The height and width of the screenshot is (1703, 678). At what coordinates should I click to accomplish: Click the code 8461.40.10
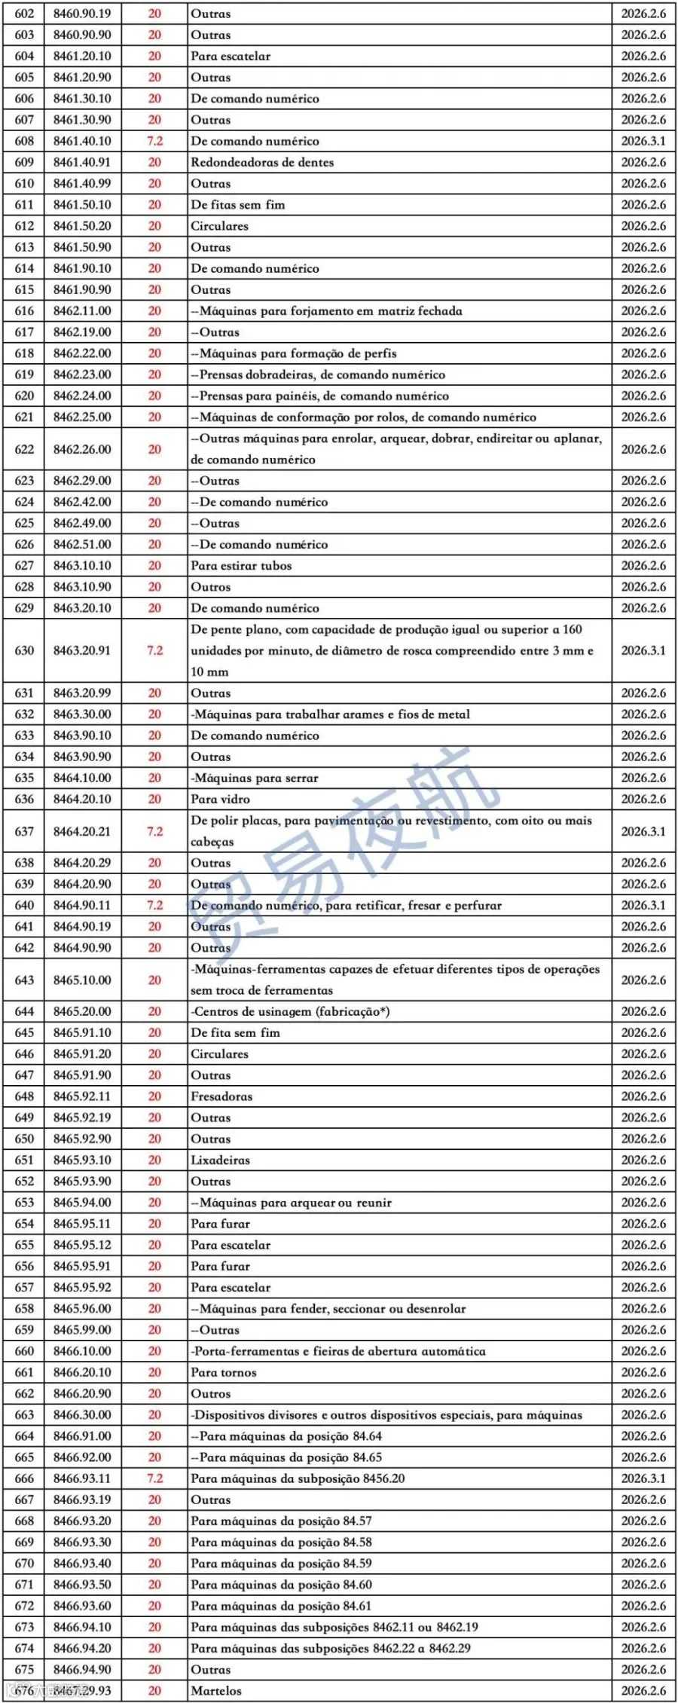[x=82, y=141]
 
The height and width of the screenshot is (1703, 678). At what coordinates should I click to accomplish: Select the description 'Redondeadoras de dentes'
[x=262, y=162]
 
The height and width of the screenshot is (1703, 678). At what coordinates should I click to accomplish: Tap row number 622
[x=24, y=449]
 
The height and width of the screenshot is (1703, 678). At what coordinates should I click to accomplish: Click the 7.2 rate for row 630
[x=154, y=650]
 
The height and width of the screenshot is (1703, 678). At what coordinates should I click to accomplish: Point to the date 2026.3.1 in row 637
[x=643, y=831]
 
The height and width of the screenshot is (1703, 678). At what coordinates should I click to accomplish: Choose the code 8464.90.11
[x=82, y=905]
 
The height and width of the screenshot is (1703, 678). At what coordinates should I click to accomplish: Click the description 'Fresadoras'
[x=221, y=1096]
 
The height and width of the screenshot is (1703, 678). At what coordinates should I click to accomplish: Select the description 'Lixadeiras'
[x=220, y=1160]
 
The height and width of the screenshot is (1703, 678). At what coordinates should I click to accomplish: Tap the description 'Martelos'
[x=216, y=1690]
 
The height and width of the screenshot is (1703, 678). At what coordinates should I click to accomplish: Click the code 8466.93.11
[x=82, y=1478]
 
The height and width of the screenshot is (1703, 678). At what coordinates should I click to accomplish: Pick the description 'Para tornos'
[x=224, y=1372]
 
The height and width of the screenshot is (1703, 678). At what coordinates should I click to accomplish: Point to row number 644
[x=24, y=1011]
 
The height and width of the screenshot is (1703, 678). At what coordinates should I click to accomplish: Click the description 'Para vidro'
[x=220, y=799]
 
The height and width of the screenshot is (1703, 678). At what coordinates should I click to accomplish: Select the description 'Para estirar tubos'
[x=241, y=565]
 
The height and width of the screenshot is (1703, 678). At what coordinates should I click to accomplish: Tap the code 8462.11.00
[x=82, y=310]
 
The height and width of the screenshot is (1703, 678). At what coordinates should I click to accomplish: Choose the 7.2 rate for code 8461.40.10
[x=154, y=141]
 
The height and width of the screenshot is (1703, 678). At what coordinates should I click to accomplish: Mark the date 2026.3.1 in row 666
[x=643, y=1478]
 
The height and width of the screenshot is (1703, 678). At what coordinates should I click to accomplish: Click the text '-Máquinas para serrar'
[x=255, y=778]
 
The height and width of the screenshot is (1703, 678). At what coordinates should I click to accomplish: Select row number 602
[x=24, y=14]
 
